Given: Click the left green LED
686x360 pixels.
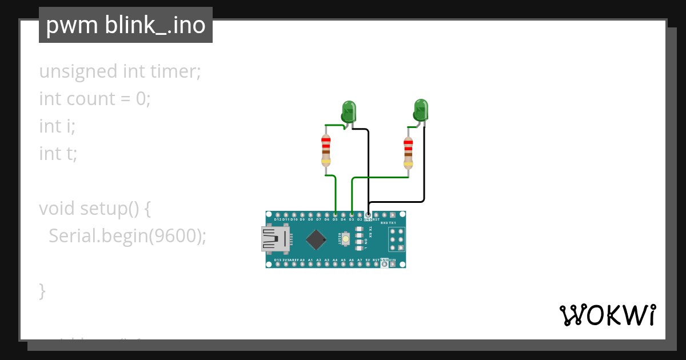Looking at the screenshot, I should coord(348,110).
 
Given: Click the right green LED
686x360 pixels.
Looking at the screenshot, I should coord(421,109).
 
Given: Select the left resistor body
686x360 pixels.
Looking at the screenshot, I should coord(326,150).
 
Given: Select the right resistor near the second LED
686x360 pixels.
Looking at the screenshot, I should coord(408,153).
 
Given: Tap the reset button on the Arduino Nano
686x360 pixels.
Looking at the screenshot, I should coord(346,238).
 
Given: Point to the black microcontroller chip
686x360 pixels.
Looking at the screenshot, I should coord(316,239).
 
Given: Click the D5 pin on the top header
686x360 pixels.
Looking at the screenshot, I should coord(335,215).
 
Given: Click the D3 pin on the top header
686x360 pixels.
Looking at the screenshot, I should coord(352,215).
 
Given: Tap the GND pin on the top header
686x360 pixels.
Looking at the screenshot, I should coord(368,215).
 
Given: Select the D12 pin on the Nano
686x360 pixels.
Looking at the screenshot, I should coord(277,215).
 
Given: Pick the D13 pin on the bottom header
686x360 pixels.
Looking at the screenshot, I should coord(277,264).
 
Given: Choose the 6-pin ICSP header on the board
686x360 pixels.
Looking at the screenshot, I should coord(396,239).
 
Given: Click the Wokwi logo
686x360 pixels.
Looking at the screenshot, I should coord(607,315).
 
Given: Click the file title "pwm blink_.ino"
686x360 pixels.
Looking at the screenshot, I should coord(126,25).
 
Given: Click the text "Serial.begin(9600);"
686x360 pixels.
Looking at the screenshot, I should coord(127,235).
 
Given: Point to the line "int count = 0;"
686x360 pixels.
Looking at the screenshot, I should coord(94,99).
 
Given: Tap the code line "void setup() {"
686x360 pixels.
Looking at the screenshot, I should coord(94,208).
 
